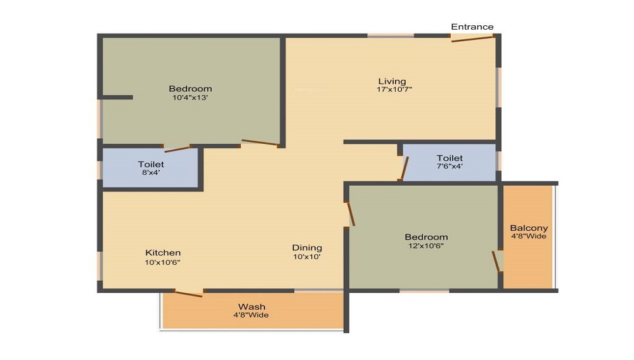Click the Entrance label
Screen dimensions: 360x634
(x=472, y=27)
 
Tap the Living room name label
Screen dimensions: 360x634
(x=392, y=81)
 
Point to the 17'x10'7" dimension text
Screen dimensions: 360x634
(x=394, y=89)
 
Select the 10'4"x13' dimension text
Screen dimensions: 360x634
(x=190, y=98)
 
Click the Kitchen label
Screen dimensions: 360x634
(x=163, y=252)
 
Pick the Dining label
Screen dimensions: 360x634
(x=307, y=248)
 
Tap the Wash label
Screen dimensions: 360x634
(x=252, y=307)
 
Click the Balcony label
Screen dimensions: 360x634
(x=529, y=228)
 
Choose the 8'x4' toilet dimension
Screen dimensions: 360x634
(x=151, y=172)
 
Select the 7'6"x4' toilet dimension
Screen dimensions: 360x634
(x=449, y=166)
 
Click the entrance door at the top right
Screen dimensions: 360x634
(x=472, y=39)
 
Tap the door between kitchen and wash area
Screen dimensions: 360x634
(x=189, y=293)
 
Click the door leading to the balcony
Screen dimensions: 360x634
(x=496, y=261)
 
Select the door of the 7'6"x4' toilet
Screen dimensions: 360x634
(x=404, y=169)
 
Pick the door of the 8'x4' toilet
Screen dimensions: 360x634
(x=177, y=149)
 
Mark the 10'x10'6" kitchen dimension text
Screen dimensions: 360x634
(x=164, y=262)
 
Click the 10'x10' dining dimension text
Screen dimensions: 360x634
(x=307, y=257)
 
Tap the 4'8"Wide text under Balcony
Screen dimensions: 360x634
(x=529, y=236)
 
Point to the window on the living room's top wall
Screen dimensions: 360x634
(x=391, y=35)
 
